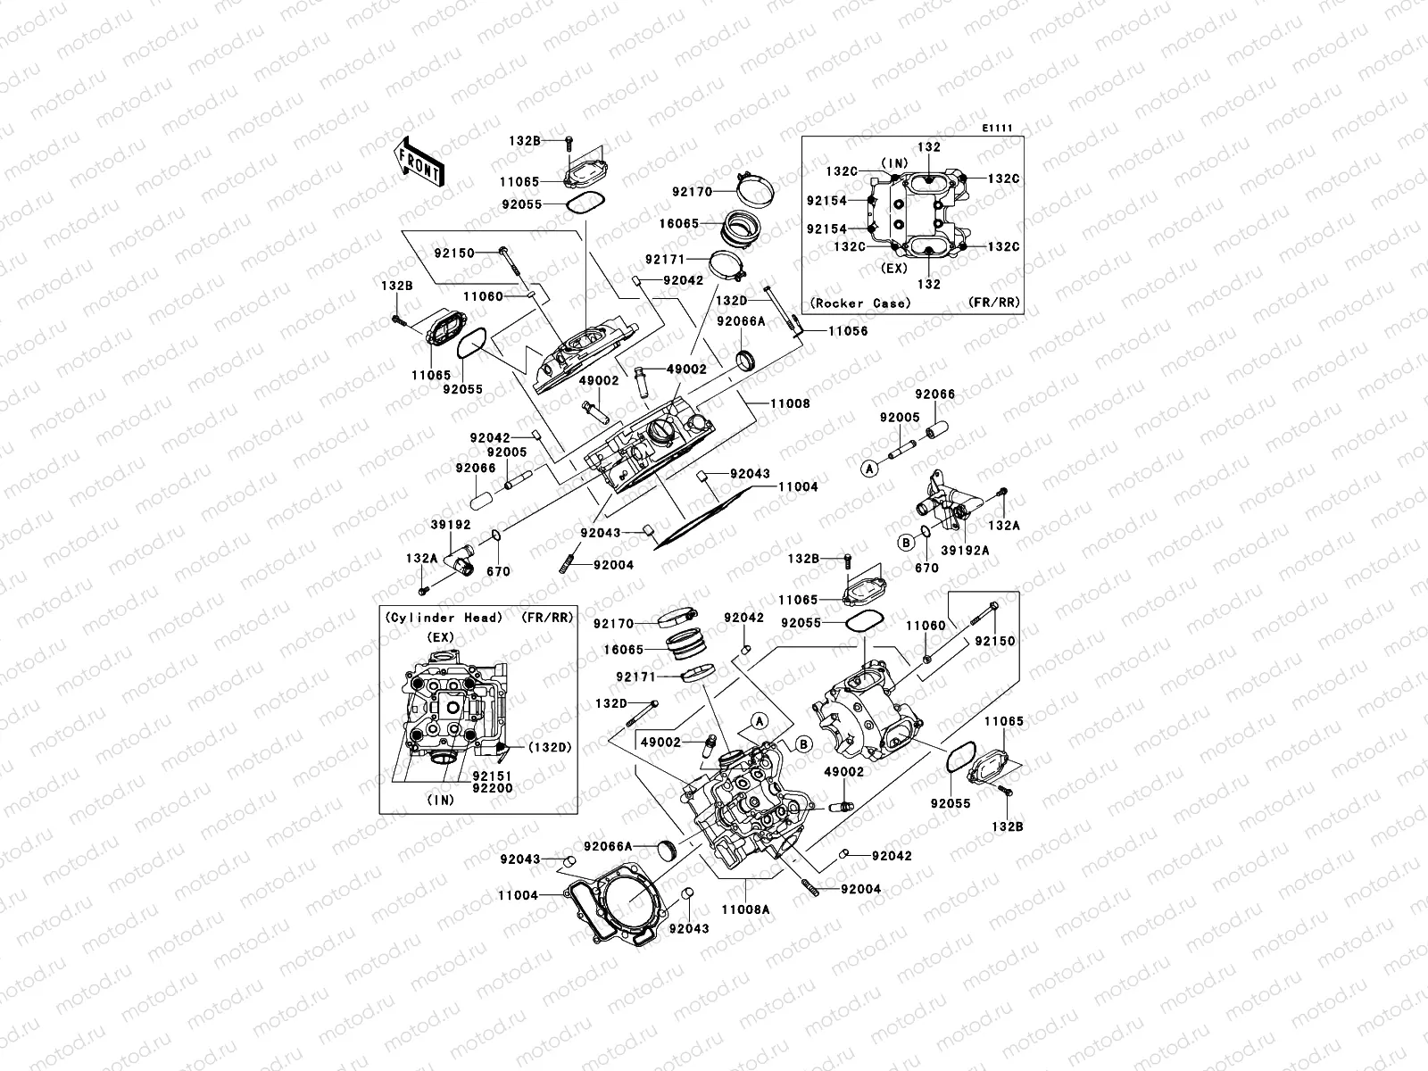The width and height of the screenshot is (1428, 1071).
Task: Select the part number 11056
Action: tap(847, 331)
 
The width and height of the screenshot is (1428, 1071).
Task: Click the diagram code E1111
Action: tap(997, 129)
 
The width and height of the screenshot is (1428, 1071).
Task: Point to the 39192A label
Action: tap(965, 551)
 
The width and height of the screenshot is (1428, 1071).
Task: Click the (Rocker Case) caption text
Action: tap(860, 303)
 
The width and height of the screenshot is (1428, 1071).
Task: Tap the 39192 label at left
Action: tap(452, 526)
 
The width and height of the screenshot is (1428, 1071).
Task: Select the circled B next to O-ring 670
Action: tap(905, 542)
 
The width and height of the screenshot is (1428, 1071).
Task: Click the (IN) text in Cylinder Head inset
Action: tap(441, 801)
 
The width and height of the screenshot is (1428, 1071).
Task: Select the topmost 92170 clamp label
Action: tap(693, 191)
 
